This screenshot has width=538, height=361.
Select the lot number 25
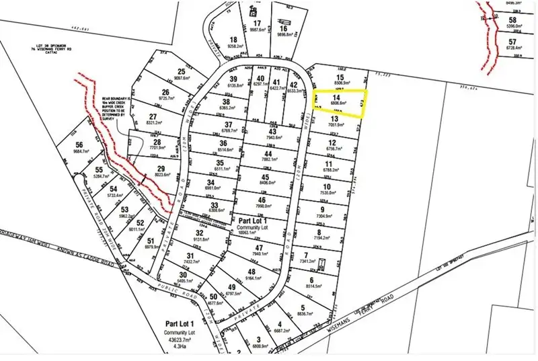tap(181, 72)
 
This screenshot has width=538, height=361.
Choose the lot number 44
tap(268, 154)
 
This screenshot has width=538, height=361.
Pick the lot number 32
tap(199, 233)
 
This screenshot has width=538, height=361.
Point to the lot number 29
tap(161, 168)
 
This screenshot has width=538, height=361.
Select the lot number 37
tap(229, 125)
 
